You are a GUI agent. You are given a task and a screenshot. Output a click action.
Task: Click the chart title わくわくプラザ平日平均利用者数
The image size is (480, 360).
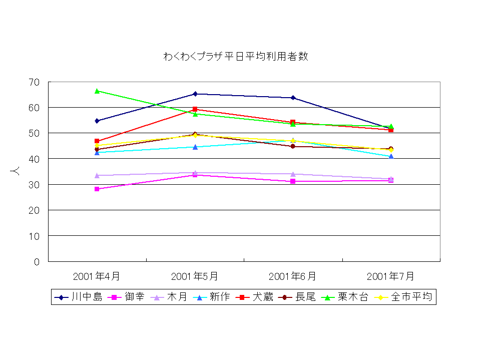tap(235, 56)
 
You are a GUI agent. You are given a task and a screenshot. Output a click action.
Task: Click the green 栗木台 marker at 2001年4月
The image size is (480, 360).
tap(97, 91)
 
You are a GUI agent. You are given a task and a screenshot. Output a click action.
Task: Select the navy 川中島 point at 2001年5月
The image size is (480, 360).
tap(195, 94)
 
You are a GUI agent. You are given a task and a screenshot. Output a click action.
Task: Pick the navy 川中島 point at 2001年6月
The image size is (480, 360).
tap(293, 98)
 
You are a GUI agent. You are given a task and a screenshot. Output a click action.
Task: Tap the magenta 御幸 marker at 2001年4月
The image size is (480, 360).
tap(97, 189)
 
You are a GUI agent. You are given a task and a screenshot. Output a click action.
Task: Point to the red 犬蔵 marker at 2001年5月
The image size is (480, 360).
tap(195, 109)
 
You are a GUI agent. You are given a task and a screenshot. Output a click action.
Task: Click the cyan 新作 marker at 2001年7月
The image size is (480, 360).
tap(391, 156)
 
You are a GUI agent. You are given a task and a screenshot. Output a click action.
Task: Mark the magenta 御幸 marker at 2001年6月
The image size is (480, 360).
tap(293, 181)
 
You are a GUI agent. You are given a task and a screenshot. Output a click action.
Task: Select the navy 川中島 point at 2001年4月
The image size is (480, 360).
tap(97, 121)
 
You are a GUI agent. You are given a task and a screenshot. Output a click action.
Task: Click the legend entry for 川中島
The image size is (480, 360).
tap(79, 297)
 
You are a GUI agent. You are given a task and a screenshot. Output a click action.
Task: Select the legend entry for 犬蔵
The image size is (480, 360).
tap(255, 297)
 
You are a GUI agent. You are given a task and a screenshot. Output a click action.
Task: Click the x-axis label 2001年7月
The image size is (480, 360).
tap(390, 276)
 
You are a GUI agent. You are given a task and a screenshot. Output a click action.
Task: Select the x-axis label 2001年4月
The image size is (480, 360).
tap(97, 276)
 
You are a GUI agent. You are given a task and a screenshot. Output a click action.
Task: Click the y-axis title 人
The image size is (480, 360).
tap(15, 171)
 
